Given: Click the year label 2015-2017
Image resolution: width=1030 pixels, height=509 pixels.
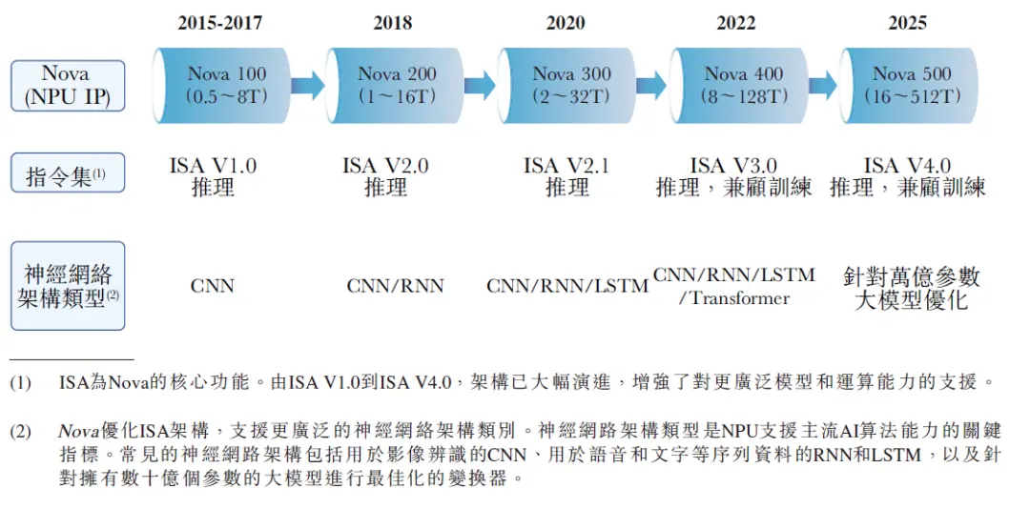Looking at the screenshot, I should pyautogui.click(x=220, y=23).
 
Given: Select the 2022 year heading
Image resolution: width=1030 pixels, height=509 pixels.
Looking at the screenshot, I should pyautogui.click(x=736, y=23).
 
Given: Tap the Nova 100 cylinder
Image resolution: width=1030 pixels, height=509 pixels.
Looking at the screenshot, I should pyautogui.click(x=220, y=85).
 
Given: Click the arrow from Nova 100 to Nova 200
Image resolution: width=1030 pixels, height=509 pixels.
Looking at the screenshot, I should pyautogui.click(x=308, y=85).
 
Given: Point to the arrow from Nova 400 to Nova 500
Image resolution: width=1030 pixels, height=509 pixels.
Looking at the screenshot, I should pyautogui.click(x=822, y=85).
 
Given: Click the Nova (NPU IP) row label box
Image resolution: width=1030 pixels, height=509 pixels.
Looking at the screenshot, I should pyautogui.click(x=68, y=85).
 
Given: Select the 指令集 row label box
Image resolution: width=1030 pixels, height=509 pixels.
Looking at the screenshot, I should pyautogui.click(x=68, y=176).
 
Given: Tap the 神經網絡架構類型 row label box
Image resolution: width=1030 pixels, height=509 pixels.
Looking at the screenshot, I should pyautogui.click(x=68, y=285).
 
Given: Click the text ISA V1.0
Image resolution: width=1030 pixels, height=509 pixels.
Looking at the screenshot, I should pyautogui.click(x=213, y=166).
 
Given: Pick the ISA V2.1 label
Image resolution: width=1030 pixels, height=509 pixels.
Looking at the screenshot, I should pyautogui.click(x=567, y=166).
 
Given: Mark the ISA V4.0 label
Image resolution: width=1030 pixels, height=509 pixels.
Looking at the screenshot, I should pyautogui.click(x=907, y=166).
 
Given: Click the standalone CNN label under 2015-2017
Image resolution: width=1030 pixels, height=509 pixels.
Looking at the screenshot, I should pyautogui.click(x=212, y=285).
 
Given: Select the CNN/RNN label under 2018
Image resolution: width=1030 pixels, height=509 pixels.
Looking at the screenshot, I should pyautogui.click(x=395, y=285).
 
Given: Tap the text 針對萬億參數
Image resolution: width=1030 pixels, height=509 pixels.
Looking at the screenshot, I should pyautogui.click(x=912, y=277).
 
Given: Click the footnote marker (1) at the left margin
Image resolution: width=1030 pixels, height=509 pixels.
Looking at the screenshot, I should pyautogui.click(x=20, y=383).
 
